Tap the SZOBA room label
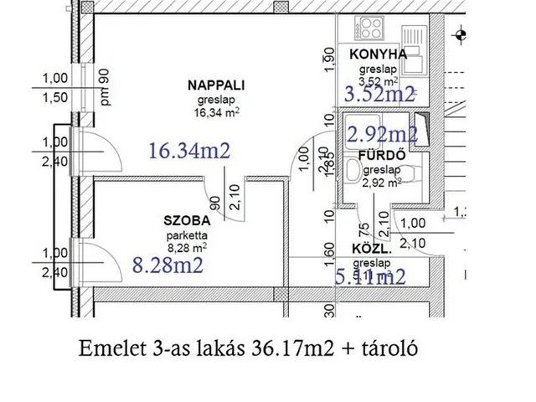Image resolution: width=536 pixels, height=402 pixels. coord(186,224)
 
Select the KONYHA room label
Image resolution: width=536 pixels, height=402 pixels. coord(379,54)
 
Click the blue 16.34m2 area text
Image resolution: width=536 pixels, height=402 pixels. coord(189,151)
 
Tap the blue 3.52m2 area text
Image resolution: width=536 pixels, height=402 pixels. coord(381,94)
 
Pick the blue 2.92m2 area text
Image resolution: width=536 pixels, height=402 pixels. coord(383,133)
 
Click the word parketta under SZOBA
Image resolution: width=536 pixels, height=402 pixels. coord(187,236)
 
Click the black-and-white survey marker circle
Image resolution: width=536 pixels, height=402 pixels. coord(460,36)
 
